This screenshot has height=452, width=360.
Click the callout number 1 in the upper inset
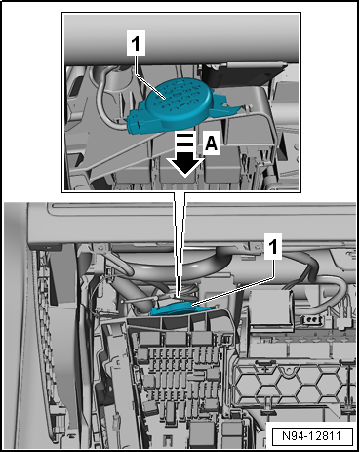point(136,44)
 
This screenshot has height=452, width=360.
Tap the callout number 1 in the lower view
point(273,246)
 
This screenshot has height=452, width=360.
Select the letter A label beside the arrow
point(212,143)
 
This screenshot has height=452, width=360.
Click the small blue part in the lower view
point(183,309)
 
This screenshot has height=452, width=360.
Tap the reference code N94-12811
point(312,436)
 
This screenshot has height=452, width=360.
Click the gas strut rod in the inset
point(254,64)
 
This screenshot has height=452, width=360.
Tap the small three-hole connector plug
point(310,319)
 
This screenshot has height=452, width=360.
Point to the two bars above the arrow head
point(185,140)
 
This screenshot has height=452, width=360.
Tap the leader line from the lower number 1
point(233,291)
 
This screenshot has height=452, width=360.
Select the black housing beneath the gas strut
point(241,75)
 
